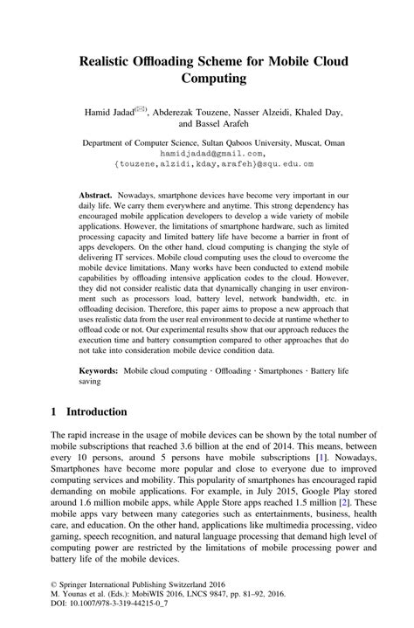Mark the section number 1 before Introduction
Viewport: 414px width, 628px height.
[54, 411]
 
